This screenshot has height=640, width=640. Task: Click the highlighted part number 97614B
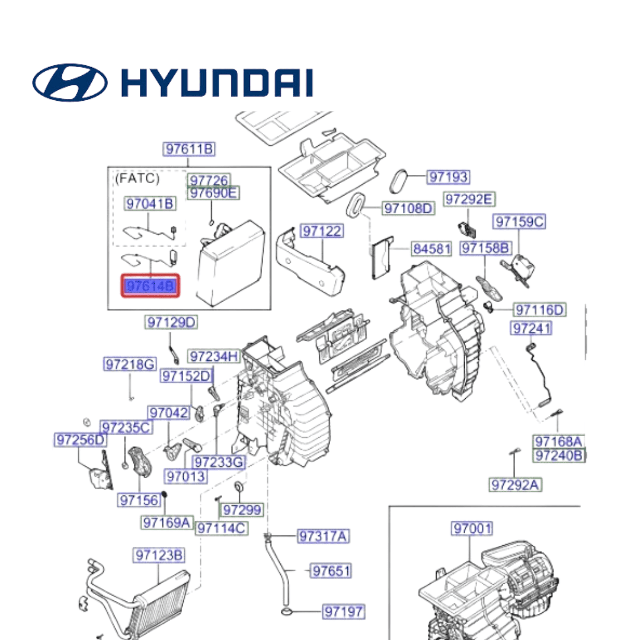[150, 287]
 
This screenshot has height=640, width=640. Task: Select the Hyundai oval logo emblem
[69, 82]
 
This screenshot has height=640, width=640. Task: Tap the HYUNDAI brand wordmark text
[217, 82]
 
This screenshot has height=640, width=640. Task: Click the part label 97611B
[189, 149]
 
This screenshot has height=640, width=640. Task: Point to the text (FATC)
[137, 177]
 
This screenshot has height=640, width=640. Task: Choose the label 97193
[448, 177]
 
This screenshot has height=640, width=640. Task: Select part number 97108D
[408, 208]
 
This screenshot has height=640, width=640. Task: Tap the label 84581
[431, 249]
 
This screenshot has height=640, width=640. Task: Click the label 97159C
[519, 222]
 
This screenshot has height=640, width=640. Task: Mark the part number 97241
[531, 328]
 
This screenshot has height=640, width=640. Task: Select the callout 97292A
[515, 485]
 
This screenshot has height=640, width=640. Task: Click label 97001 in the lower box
[472, 527]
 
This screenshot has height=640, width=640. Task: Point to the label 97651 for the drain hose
[331, 571]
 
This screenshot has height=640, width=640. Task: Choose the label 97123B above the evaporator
[159, 555]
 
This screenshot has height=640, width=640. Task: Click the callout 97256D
[81, 440]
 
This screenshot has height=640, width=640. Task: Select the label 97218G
[130, 364]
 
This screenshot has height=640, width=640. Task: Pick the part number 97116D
[539, 309]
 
